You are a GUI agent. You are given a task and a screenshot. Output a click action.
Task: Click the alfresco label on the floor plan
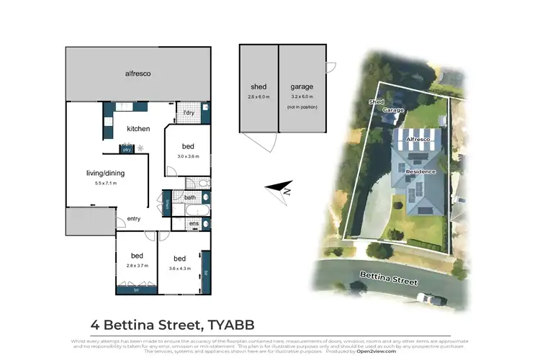click(x=138, y=73)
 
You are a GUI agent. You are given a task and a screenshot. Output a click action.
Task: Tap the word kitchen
click(x=138, y=129)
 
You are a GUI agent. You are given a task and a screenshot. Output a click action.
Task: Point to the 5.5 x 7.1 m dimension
click(x=95, y=183)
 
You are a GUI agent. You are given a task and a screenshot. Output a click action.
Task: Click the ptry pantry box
click(x=126, y=150)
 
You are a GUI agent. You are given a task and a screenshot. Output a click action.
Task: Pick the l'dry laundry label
click(x=189, y=113)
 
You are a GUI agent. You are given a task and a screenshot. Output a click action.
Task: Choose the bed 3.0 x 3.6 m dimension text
click(x=188, y=156)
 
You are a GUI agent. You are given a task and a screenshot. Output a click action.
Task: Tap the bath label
click(x=189, y=197)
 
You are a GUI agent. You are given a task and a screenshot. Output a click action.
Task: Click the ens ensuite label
click(x=194, y=225)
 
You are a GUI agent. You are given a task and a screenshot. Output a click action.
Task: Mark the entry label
click(x=134, y=219)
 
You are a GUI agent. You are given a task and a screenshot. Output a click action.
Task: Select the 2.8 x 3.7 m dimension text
click(x=137, y=266)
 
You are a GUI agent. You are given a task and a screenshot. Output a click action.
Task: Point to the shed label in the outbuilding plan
click(x=258, y=86)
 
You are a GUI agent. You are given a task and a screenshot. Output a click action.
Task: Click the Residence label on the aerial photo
click(x=421, y=173)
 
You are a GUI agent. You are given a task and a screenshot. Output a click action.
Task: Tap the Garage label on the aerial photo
click(x=393, y=110)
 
